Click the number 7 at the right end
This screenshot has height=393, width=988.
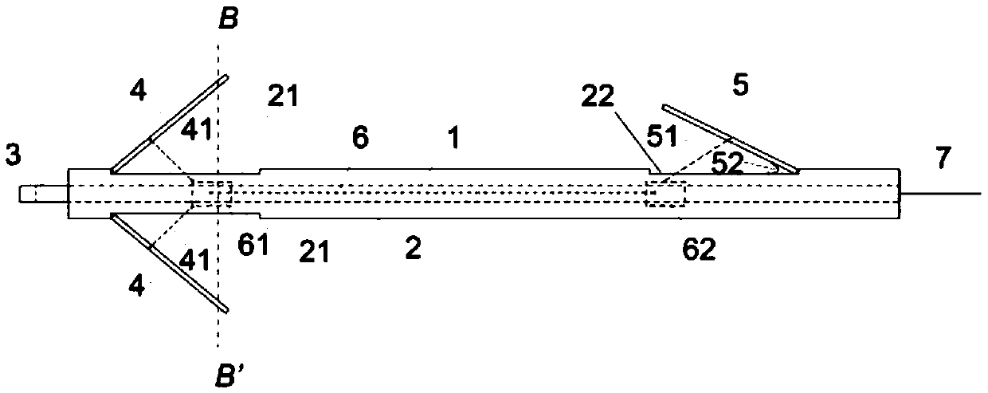click(x=943, y=159)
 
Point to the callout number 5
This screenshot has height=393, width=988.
click(x=740, y=86)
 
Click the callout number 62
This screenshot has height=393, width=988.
click(x=700, y=252)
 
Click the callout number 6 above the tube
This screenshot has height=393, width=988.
click(x=360, y=139)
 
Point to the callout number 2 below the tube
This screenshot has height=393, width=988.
click(x=412, y=250)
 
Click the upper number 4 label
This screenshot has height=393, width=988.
click(x=137, y=92)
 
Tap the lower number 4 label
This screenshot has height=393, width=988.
click(x=137, y=287)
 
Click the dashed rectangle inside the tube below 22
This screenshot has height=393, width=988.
click(x=665, y=194)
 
